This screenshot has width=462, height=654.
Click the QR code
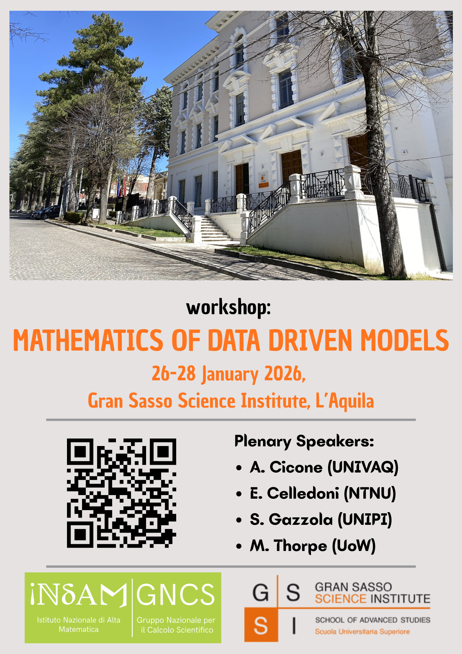point(122,493)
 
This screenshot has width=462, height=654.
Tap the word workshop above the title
point(228,307)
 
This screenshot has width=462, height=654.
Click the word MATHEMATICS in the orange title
point(88,340)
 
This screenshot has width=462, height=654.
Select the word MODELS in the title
point(404,340)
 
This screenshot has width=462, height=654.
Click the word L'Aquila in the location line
point(345,401)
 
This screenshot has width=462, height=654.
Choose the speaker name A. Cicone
point(286,467)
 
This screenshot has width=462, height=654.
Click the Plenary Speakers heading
point(304,441)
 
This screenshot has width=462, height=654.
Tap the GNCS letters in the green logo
point(175,594)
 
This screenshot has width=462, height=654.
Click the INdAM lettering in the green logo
point(79,594)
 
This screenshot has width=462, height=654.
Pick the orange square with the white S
point(261,625)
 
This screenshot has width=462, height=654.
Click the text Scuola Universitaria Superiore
point(362,632)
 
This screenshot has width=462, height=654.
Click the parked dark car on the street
point(46,213)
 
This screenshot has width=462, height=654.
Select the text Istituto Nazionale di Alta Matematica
point(79,625)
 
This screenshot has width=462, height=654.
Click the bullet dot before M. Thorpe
point(239,546)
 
